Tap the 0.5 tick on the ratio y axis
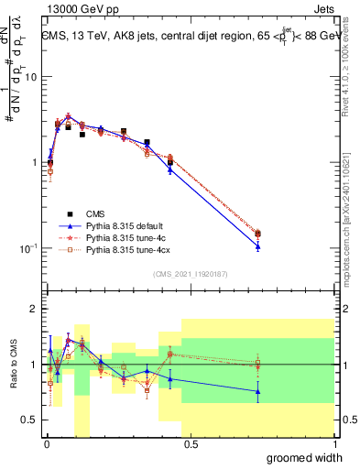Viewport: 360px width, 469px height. click(x=30, y=420)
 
